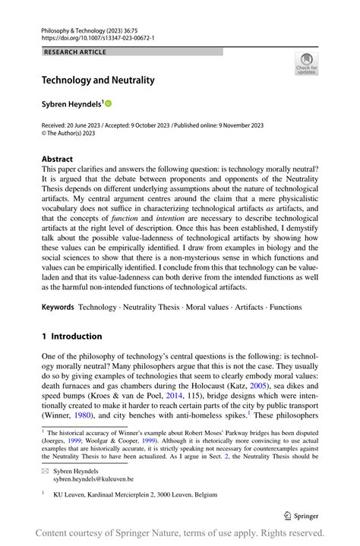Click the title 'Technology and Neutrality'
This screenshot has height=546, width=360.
pos(98,80)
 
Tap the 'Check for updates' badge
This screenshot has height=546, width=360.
pos(306,64)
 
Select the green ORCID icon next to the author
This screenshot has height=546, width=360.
pos(108,103)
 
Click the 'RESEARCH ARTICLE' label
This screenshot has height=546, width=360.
pos(75,52)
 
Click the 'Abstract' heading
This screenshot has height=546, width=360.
pos(57,159)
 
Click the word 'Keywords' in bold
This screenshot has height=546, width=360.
pos(58,307)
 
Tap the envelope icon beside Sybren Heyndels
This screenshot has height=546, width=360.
pos(45,471)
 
